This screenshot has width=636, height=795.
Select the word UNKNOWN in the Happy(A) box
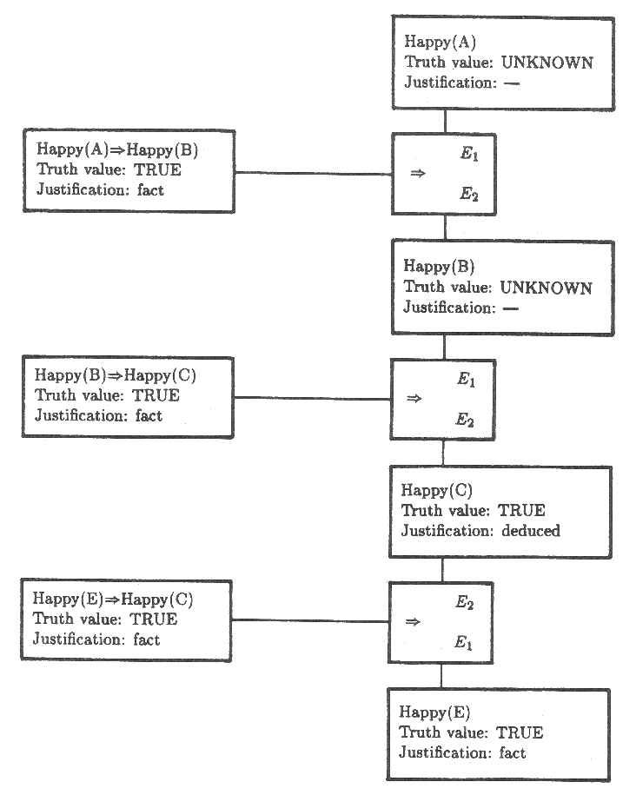pos(547,63)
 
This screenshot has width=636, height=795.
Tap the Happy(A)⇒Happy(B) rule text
pos(118,150)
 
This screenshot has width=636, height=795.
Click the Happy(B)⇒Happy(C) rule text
pos(116,375)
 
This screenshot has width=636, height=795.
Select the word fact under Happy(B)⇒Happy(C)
pos(149,416)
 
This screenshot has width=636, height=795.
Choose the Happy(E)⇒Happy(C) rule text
pos(114,599)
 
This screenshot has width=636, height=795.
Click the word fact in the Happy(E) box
pos(513,753)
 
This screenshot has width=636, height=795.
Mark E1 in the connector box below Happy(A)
pos(468,156)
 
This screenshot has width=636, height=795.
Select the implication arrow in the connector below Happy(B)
pos(414,399)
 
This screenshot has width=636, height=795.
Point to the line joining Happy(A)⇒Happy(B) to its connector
pos(313,173)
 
